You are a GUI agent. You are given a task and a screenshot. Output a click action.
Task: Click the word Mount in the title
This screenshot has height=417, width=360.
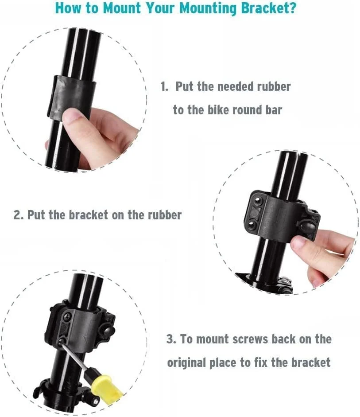tap(121, 8)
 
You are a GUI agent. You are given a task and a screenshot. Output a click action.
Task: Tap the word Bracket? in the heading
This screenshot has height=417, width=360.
tap(269, 8)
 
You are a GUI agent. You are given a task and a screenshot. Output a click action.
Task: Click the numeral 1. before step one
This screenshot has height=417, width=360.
tap(164, 87)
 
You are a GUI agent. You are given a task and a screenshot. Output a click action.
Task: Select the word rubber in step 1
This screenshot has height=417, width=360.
tap(274, 87)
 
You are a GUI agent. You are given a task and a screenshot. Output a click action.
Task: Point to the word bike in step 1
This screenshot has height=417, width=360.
tap(218, 110)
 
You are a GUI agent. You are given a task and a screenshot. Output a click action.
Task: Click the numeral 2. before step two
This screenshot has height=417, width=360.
tap(18, 215)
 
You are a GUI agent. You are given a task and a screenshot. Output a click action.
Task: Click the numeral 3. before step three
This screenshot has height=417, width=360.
tap(171, 339)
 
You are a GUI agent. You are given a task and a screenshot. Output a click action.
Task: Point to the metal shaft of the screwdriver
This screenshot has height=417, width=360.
tap(74, 356)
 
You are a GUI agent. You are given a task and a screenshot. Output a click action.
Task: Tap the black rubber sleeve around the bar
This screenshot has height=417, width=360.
tap(72, 96)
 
